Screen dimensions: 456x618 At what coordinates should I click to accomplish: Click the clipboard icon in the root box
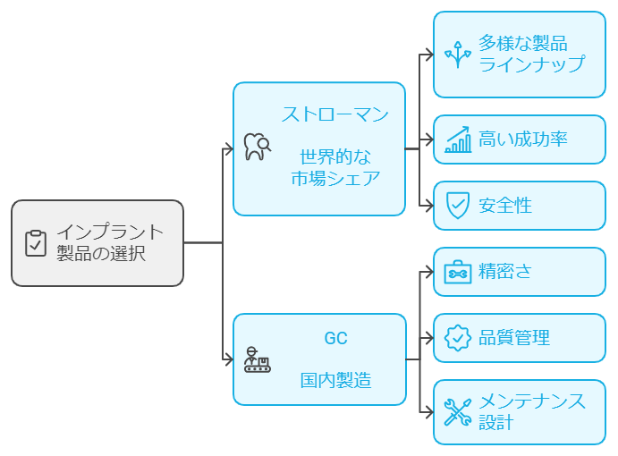pyautogui.click(x=36, y=243)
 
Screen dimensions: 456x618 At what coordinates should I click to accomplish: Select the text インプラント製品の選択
pyautogui.click(x=110, y=243)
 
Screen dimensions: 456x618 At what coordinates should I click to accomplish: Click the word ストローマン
pyautogui.click(x=335, y=114)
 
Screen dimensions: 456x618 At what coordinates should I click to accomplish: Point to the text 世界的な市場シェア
pyautogui.click(x=335, y=167)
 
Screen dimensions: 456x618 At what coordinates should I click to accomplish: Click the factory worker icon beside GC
pyautogui.click(x=257, y=359)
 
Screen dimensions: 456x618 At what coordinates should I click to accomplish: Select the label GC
pyautogui.click(x=335, y=339)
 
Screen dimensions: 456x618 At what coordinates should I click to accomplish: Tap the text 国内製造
pyautogui.click(x=335, y=380)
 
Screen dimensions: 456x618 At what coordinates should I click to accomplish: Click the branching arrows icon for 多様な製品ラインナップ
pyautogui.click(x=458, y=55)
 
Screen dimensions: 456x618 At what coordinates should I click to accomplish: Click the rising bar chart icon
pyautogui.click(x=458, y=139)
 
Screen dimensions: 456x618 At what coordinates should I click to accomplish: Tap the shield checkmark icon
pyautogui.click(x=458, y=206)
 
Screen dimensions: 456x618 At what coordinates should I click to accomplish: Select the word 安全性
pyautogui.click(x=505, y=206)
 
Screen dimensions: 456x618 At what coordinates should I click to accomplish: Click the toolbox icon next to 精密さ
pyautogui.click(x=458, y=272)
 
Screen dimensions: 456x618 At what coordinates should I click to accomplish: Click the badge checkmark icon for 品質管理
pyautogui.click(x=458, y=338)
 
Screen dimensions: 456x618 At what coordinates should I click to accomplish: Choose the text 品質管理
pyautogui.click(x=514, y=338)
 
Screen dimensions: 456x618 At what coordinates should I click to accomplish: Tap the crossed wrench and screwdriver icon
pyautogui.click(x=458, y=411)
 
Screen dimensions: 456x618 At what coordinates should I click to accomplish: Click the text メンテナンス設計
pyautogui.click(x=532, y=411)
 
